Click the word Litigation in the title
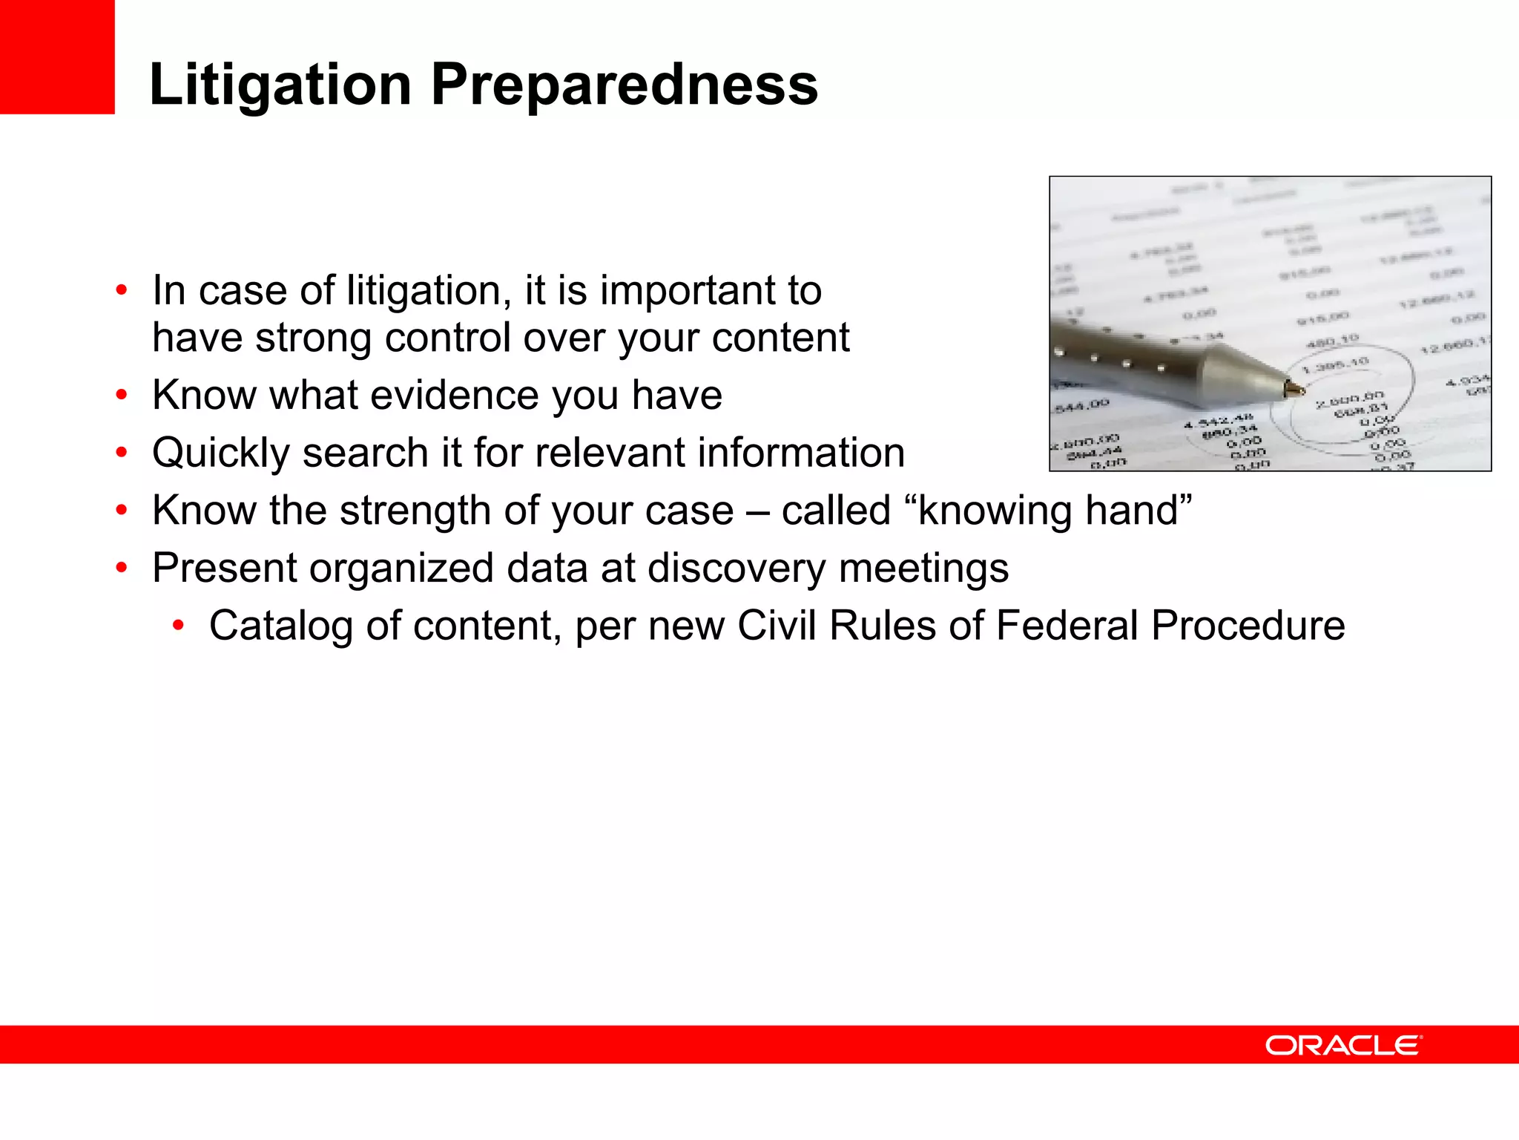[280, 85]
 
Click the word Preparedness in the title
[625, 85]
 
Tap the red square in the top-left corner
[57, 56]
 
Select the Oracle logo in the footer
[1343, 1045]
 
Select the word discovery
[736, 569]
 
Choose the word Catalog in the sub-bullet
[280, 626]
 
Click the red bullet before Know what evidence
[122, 395]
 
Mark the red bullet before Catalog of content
[178, 626]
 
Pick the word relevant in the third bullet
[610, 453]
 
